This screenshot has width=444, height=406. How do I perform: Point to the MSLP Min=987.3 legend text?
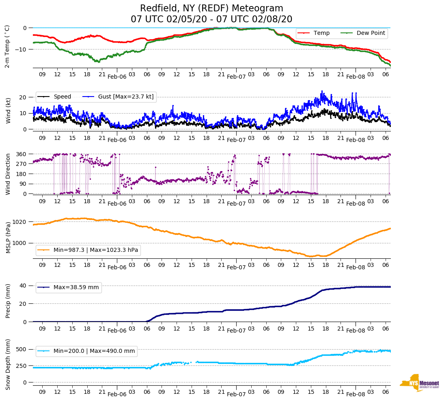96,250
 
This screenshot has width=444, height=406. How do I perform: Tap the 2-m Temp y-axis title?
7,46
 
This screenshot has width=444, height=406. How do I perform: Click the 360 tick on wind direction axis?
22,154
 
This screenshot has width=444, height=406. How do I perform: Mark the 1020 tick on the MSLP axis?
20,222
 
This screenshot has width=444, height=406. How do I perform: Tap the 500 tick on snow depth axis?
22,349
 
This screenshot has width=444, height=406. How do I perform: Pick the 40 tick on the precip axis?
23,286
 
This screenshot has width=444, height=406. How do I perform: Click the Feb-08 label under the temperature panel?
356,77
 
